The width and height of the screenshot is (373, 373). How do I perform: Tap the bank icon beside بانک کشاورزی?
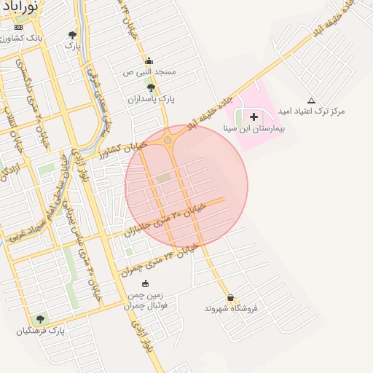[18, 27]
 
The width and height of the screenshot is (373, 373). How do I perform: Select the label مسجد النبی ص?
[149, 72]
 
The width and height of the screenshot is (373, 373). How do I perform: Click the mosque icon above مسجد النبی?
[149, 61]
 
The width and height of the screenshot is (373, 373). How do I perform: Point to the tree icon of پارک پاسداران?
[151, 87]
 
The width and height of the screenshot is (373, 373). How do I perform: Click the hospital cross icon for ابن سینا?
[254, 117]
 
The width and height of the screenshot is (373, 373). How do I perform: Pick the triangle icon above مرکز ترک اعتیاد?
[312, 101]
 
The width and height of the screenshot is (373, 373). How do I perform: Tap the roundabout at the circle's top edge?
[168, 139]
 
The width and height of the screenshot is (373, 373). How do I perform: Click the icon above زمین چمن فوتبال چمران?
[145, 283]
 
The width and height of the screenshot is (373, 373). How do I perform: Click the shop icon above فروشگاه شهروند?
[231, 298]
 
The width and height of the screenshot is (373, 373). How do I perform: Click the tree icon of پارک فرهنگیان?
[40, 319]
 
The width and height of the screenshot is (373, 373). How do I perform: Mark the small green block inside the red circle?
[163, 177]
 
